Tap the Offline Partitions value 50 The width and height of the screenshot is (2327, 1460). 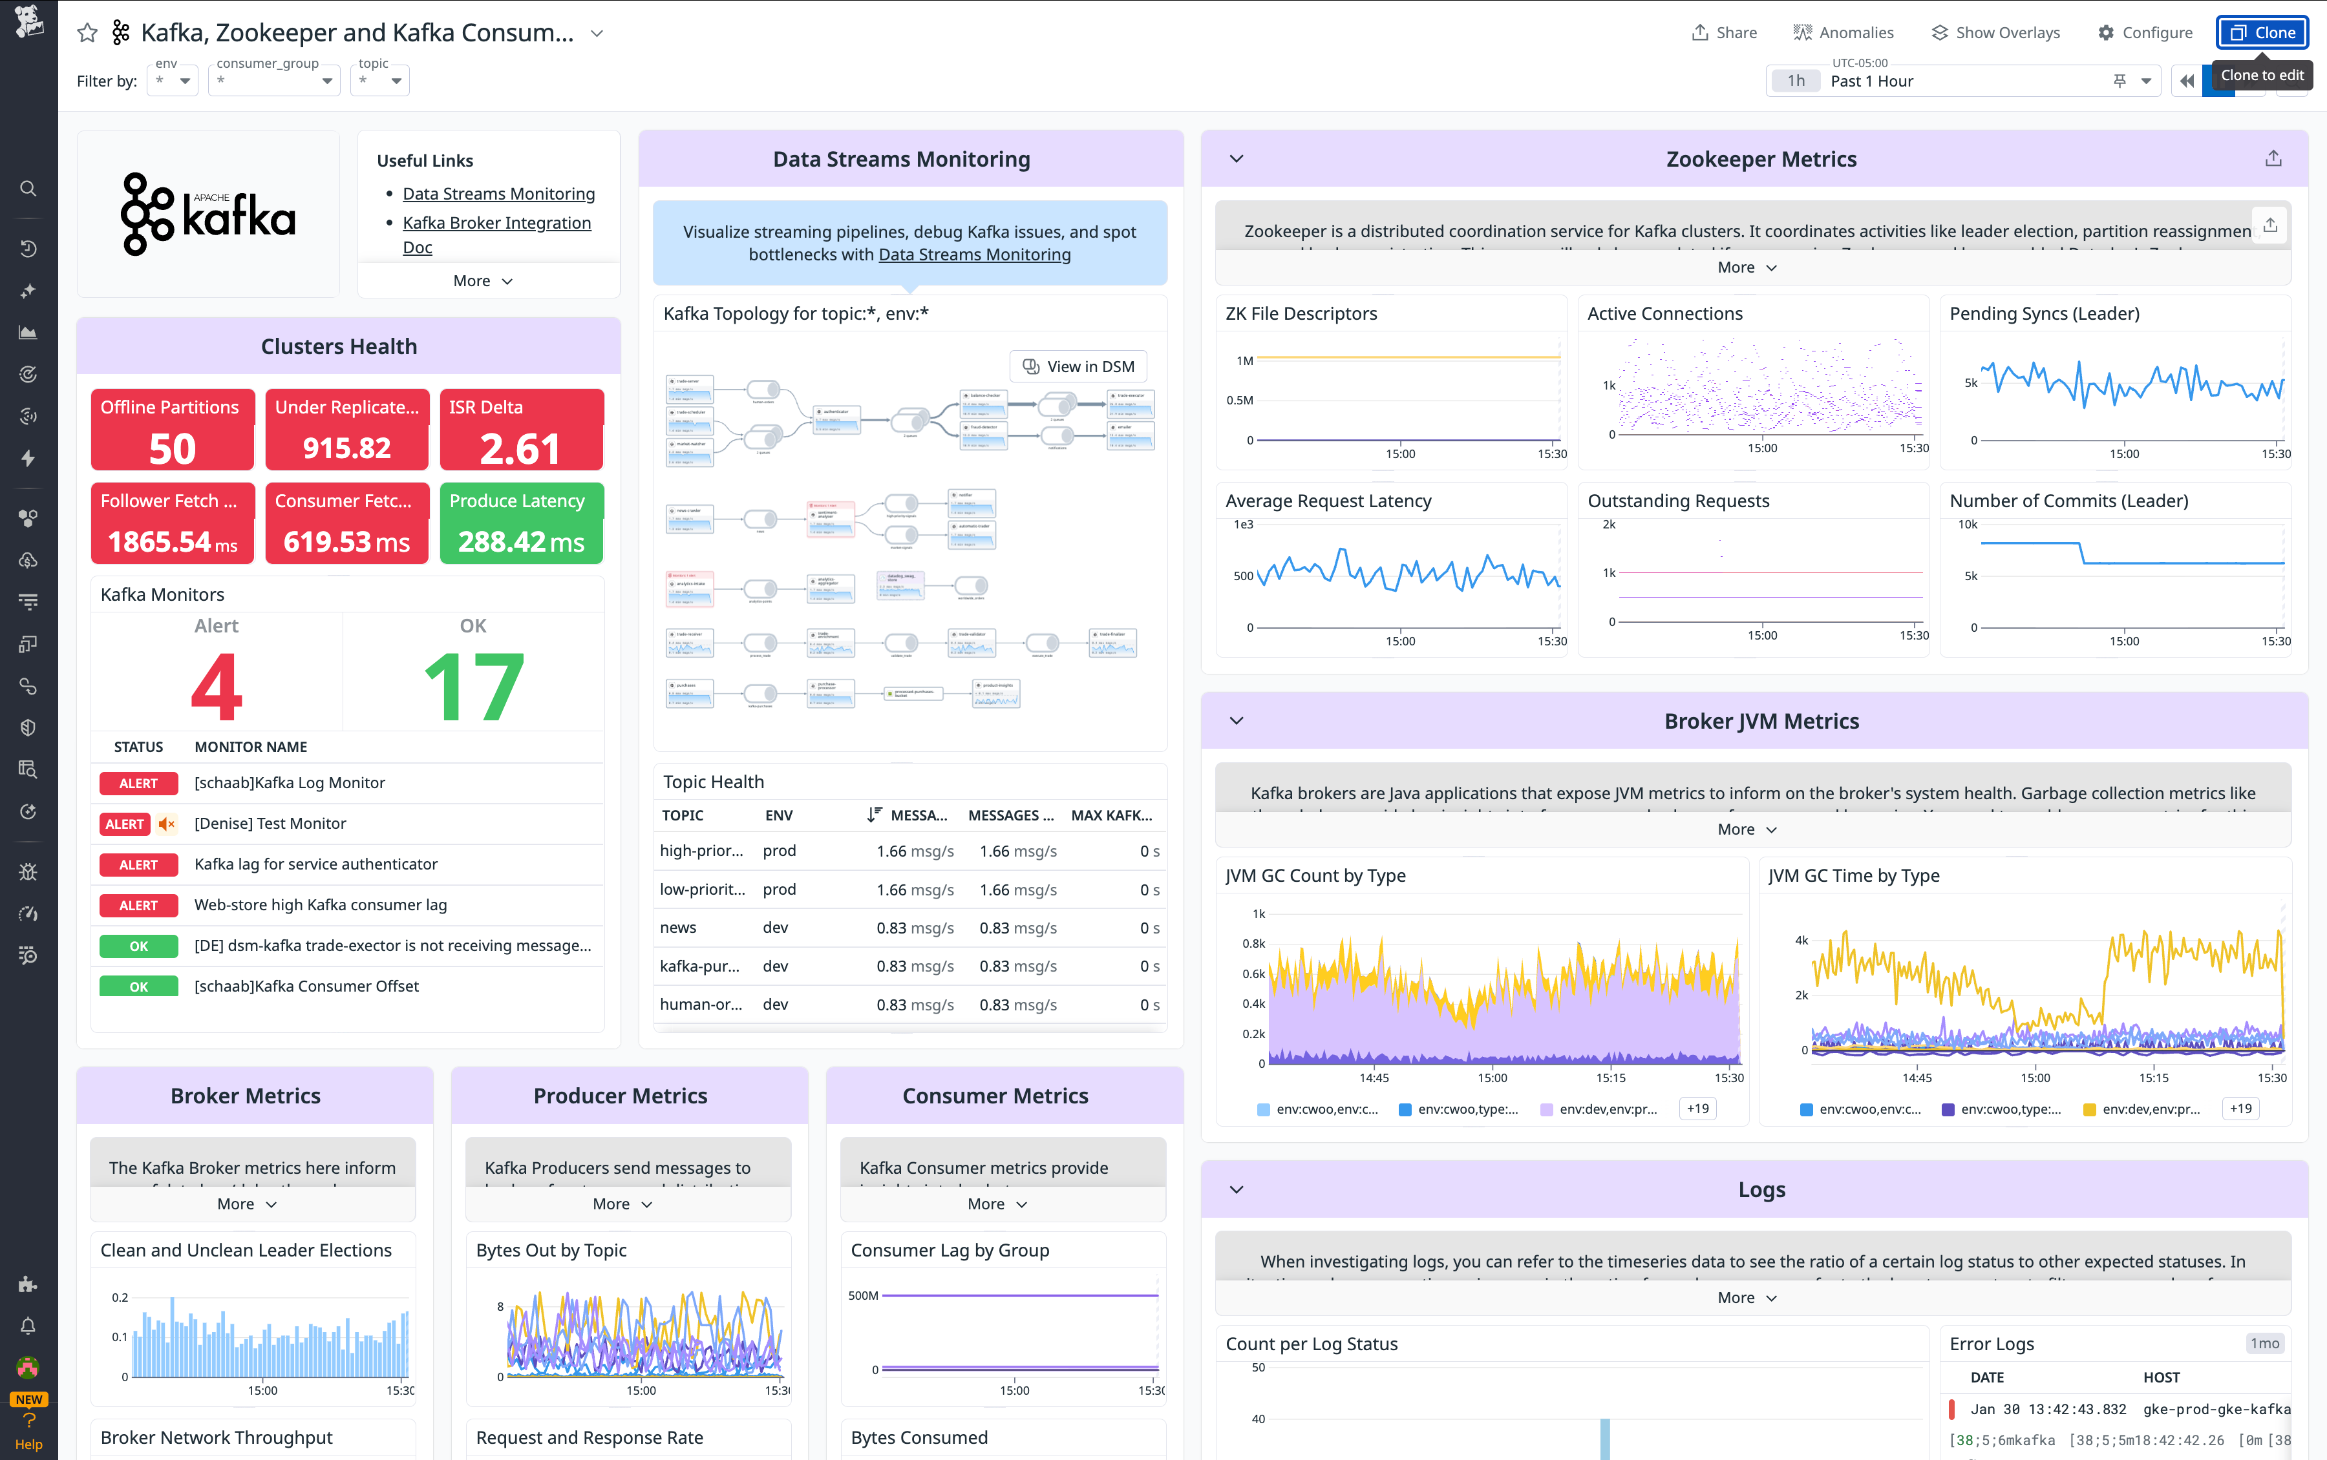point(172,449)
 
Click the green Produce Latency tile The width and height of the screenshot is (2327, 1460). point(520,523)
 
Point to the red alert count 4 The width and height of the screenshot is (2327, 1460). point(217,687)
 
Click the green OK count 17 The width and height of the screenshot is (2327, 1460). point(473,687)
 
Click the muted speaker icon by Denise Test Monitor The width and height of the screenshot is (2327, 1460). point(167,824)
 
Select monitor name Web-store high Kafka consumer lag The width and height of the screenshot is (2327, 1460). point(320,905)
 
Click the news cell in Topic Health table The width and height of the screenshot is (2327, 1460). point(678,928)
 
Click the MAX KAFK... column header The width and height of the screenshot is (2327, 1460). point(1111,815)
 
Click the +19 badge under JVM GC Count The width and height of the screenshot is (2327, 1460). point(1697,1109)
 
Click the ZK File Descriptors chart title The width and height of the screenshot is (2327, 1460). point(1300,314)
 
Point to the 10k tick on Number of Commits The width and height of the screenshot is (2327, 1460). point(1967,525)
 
